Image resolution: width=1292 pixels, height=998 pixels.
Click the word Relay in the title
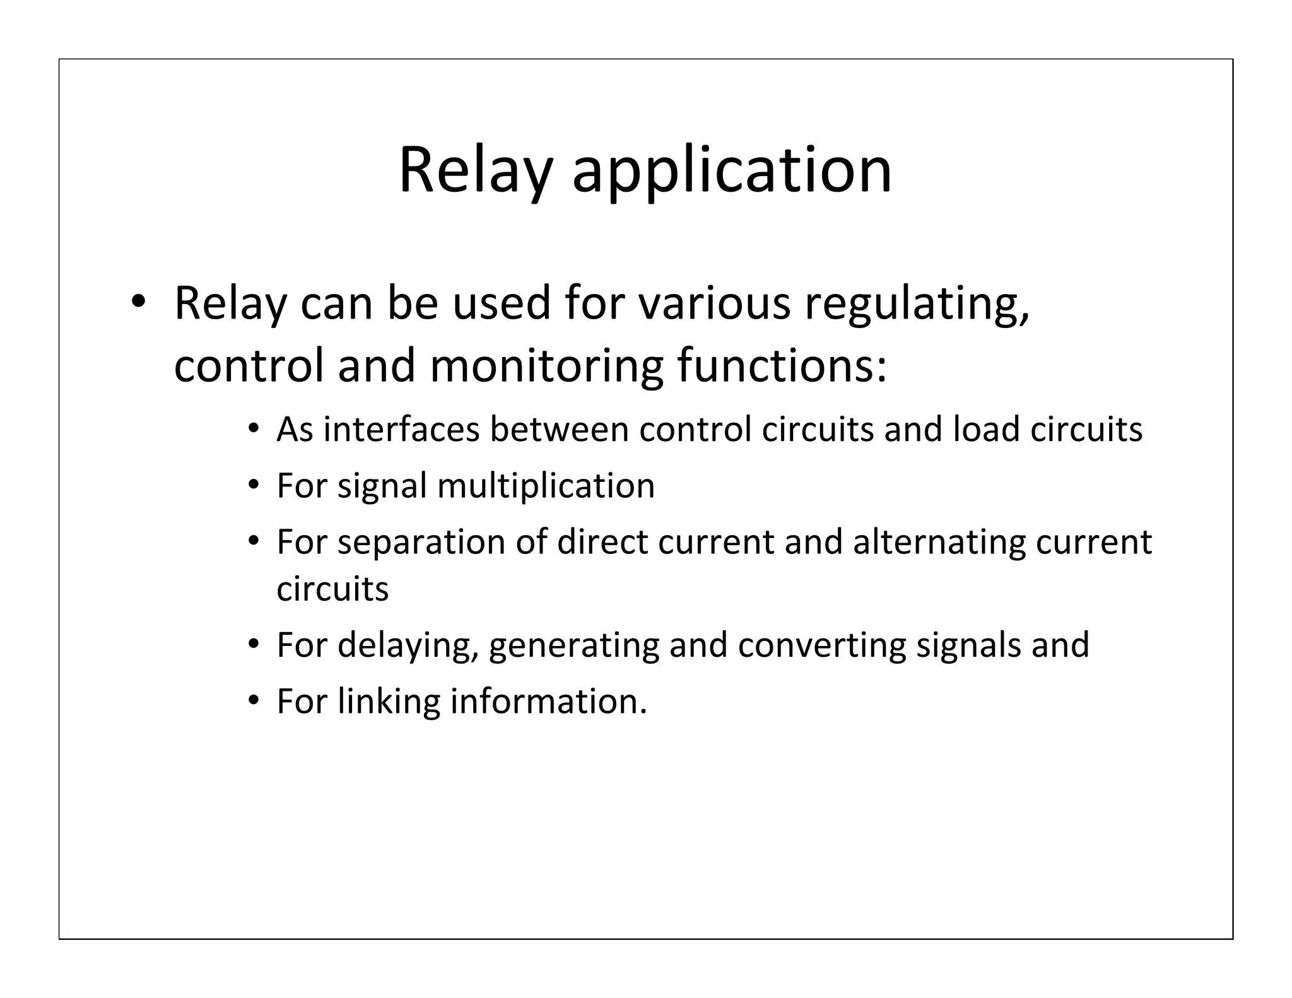pyautogui.click(x=476, y=170)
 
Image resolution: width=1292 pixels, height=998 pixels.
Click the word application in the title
pyautogui.click(x=732, y=170)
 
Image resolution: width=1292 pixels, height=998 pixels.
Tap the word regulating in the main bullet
pyautogui.click(x=917, y=304)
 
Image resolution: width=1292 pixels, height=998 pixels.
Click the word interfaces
pyautogui.click(x=401, y=430)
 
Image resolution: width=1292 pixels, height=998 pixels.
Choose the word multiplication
pyautogui.click(x=546, y=486)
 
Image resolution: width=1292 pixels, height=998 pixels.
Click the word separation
pyautogui.click(x=421, y=543)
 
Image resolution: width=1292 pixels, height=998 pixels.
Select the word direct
pyautogui.click(x=602, y=543)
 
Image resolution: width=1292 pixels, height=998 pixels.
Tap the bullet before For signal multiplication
pyautogui.click(x=254, y=485)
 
